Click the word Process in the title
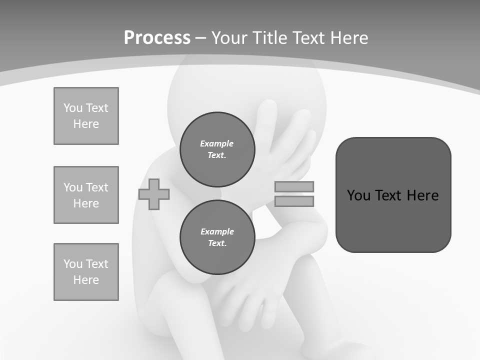tap(157, 37)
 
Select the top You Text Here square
tap(86, 116)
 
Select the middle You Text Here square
tap(86, 195)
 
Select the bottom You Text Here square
tap(86, 272)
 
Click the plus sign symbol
tap(154, 194)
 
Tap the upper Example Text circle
tap(217, 149)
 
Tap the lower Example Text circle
tap(217, 237)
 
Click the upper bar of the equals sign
tap(294, 186)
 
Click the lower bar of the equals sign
tap(294, 201)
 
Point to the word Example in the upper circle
tap(217, 143)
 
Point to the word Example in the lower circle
tap(217, 231)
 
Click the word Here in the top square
tap(86, 124)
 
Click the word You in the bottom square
tap(73, 264)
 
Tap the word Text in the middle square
tap(96, 187)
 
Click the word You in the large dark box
tap(358, 195)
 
